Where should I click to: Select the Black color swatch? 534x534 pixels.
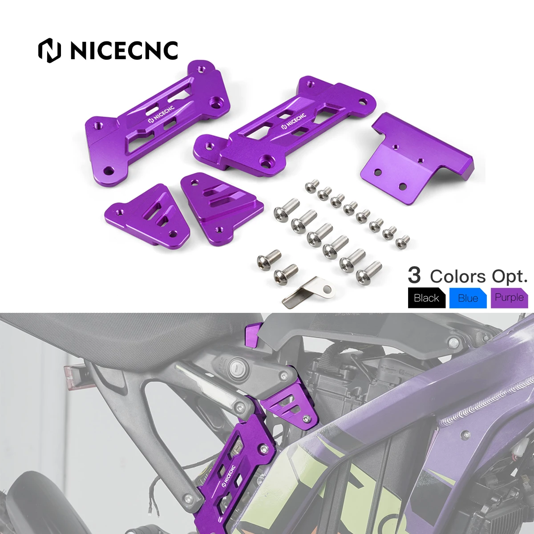coord(426,298)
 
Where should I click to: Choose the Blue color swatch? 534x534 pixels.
coord(468,298)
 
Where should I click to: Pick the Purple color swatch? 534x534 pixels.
coord(509,298)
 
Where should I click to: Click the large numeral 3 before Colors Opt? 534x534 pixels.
coord(414,275)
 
